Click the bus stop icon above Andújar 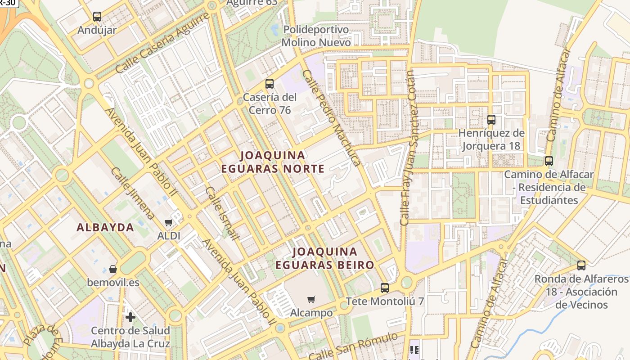[x=97, y=17]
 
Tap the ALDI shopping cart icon [x=169, y=222]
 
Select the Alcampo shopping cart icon [x=311, y=299]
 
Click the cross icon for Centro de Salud [x=130, y=317]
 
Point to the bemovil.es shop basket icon [x=113, y=269]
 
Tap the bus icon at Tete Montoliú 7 [x=385, y=288]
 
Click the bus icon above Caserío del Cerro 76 [x=270, y=83]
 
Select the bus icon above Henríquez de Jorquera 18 [x=491, y=120]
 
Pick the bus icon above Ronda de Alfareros [x=581, y=265]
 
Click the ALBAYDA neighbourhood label [x=105, y=228]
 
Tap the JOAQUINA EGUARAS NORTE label [x=273, y=162]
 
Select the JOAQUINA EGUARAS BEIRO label [x=325, y=258]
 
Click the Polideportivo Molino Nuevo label [x=316, y=36]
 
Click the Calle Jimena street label [x=132, y=194]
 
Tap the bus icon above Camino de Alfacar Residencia [x=549, y=161]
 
